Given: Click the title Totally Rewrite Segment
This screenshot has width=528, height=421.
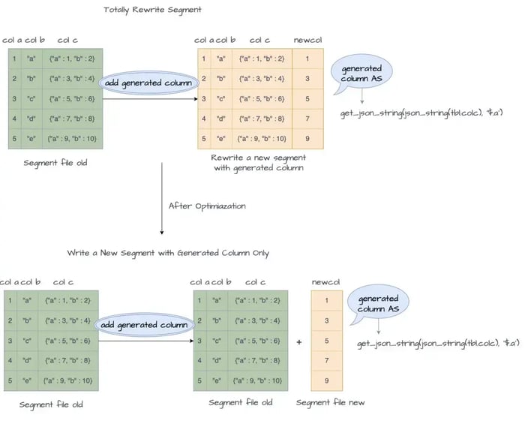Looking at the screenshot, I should (153, 10).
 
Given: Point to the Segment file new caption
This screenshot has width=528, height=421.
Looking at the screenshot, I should (329, 403).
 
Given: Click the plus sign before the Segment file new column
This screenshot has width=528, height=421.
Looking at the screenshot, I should (299, 341).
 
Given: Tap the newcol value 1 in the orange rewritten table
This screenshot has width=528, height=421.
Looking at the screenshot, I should (307, 58).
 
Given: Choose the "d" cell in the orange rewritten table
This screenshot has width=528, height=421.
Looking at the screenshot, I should (221, 118).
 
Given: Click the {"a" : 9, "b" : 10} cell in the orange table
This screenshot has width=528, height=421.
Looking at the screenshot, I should (262, 138).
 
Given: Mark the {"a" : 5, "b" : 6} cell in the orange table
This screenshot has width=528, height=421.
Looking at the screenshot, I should (262, 98).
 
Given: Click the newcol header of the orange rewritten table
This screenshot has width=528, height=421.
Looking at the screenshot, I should (307, 40).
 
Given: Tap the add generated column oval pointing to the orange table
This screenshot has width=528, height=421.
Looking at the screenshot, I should (147, 83).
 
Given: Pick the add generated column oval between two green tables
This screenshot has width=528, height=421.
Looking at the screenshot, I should (142, 324).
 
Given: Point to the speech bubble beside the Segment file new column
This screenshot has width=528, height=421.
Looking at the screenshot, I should (379, 304).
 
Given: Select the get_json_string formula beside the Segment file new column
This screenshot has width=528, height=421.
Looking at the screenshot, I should (436, 343).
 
